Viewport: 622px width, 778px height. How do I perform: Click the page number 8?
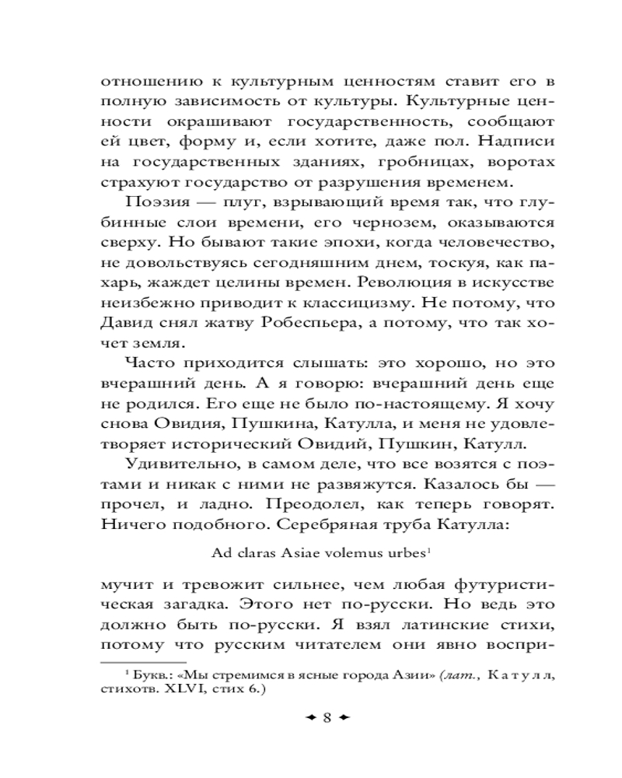(327, 718)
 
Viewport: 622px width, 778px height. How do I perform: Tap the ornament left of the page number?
(309, 718)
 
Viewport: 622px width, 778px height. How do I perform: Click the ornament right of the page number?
(345, 718)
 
